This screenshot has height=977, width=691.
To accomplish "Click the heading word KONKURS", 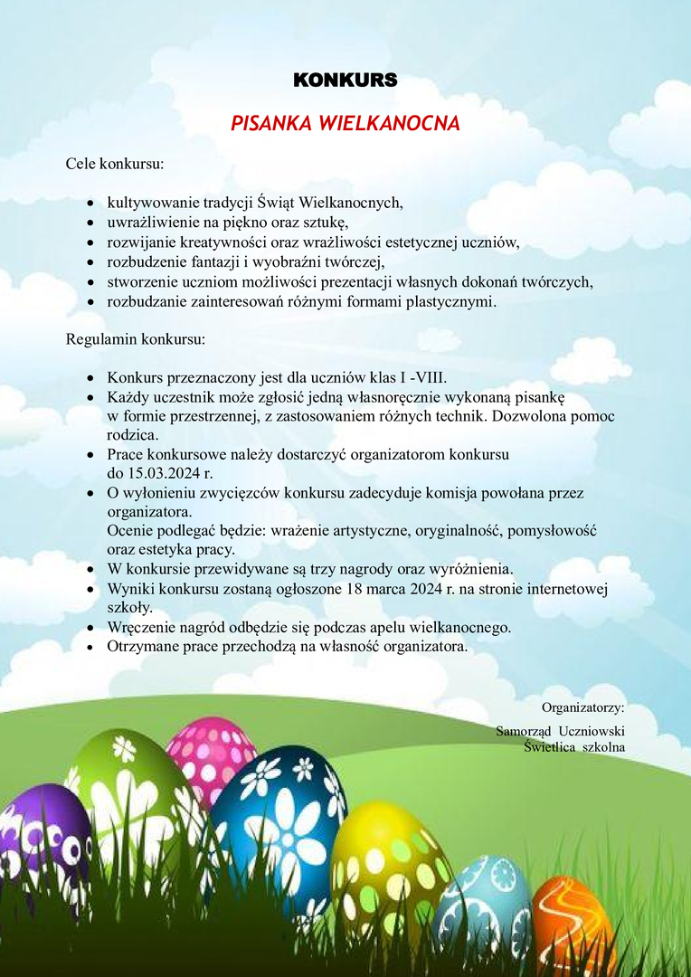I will pos(345,80).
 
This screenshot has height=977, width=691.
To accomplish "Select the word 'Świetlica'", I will pos(552,747).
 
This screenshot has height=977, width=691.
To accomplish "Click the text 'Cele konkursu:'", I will pos(115,165).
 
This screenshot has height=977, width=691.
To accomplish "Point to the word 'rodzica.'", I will pos(133,434).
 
